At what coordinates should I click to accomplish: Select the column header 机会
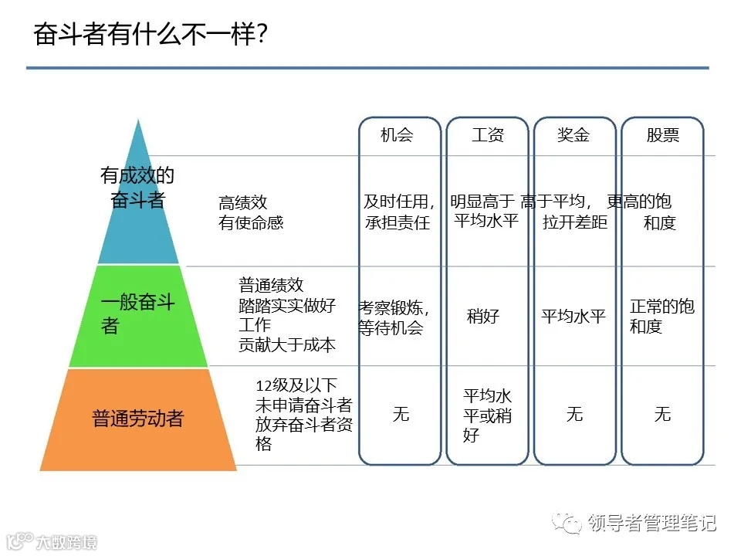(398, 135)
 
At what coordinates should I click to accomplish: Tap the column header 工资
(488, 135)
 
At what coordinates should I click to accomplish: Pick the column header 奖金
(574, 135)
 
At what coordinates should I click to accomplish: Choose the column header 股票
(662, 135)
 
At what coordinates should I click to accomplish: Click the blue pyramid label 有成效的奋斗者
(137, 188)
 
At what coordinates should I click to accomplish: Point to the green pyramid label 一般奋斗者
(138, 314)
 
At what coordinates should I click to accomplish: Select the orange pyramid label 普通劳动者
(138, 419)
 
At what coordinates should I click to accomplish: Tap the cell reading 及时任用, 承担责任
(399, 212)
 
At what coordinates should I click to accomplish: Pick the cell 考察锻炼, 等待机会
(392, 317)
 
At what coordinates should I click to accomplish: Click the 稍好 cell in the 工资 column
(483, 316)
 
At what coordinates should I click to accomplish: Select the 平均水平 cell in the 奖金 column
(574, 316)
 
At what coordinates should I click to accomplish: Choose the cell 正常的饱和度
(661, 317)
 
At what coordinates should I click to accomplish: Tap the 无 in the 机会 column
(401, 414)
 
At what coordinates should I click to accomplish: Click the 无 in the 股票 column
(662, 414)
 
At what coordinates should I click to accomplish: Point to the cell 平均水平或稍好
(487, 415)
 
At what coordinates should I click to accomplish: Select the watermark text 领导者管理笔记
(651, 523)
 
